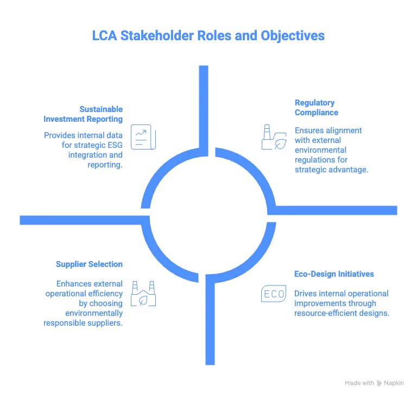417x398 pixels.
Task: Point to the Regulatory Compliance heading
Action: (x=315, y=108)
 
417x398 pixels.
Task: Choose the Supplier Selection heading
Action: (x=89, y=264)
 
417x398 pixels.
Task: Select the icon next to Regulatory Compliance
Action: (x=273, y=136)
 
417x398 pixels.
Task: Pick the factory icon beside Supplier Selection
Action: (x=143, y=294)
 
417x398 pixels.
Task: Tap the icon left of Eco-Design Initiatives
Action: (x=273, y=294)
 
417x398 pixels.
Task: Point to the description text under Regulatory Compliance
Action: (x=331, y=150)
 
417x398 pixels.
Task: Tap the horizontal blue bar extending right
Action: (x=337, y=210)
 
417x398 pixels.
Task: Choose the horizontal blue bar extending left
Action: (x=81, y=220)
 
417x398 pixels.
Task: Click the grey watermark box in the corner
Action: (x=373, y=383)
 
